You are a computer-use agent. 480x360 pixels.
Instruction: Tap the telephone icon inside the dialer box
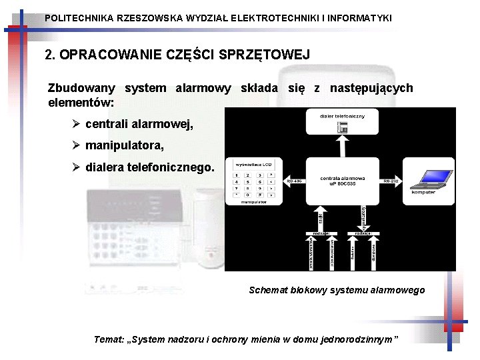click(342, 128)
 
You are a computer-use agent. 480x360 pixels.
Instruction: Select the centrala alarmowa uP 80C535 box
click(342, 181)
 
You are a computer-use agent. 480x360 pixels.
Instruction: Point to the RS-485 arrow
click(295, 181)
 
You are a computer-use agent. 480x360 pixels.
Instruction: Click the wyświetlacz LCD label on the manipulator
click(253, 164)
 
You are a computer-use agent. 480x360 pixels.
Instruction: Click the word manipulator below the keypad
click(253, 200)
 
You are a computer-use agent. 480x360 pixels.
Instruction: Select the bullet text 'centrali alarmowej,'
click(139, 124)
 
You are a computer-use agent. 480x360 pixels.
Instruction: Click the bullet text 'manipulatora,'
click(125, 145)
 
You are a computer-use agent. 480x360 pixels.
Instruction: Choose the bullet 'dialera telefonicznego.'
click(150, 167)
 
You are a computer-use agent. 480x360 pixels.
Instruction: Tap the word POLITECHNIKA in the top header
click(79, 18)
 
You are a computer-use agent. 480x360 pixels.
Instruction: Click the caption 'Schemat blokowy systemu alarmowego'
click(337, 290)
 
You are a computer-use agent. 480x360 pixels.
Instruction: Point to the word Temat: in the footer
click(108, 339)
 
